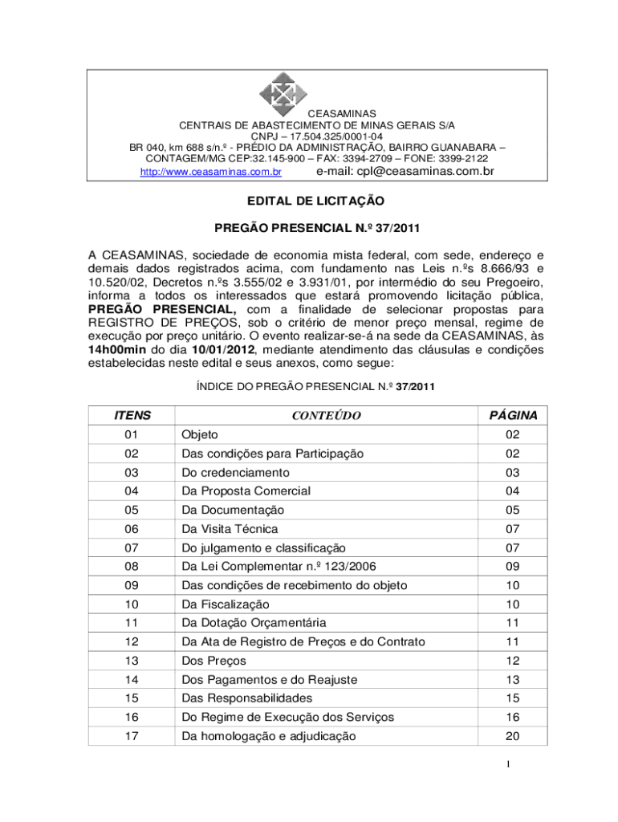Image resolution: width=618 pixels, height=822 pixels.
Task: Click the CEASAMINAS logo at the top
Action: pos(283,95)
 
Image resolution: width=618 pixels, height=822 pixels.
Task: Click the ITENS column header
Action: pos(132,416)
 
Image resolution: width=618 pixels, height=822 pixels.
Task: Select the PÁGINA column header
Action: pos(513,416)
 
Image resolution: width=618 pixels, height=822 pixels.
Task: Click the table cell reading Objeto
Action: pos(200,435)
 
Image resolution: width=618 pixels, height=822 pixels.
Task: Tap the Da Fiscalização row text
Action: pos(226,604)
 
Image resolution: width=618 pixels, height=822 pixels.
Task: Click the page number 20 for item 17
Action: pos(512,736)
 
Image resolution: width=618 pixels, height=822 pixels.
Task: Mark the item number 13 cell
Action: pos(131,661)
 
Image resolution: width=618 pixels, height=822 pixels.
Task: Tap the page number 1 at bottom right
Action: pos(542,764)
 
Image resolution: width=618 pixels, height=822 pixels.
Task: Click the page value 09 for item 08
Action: pos(512,567)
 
